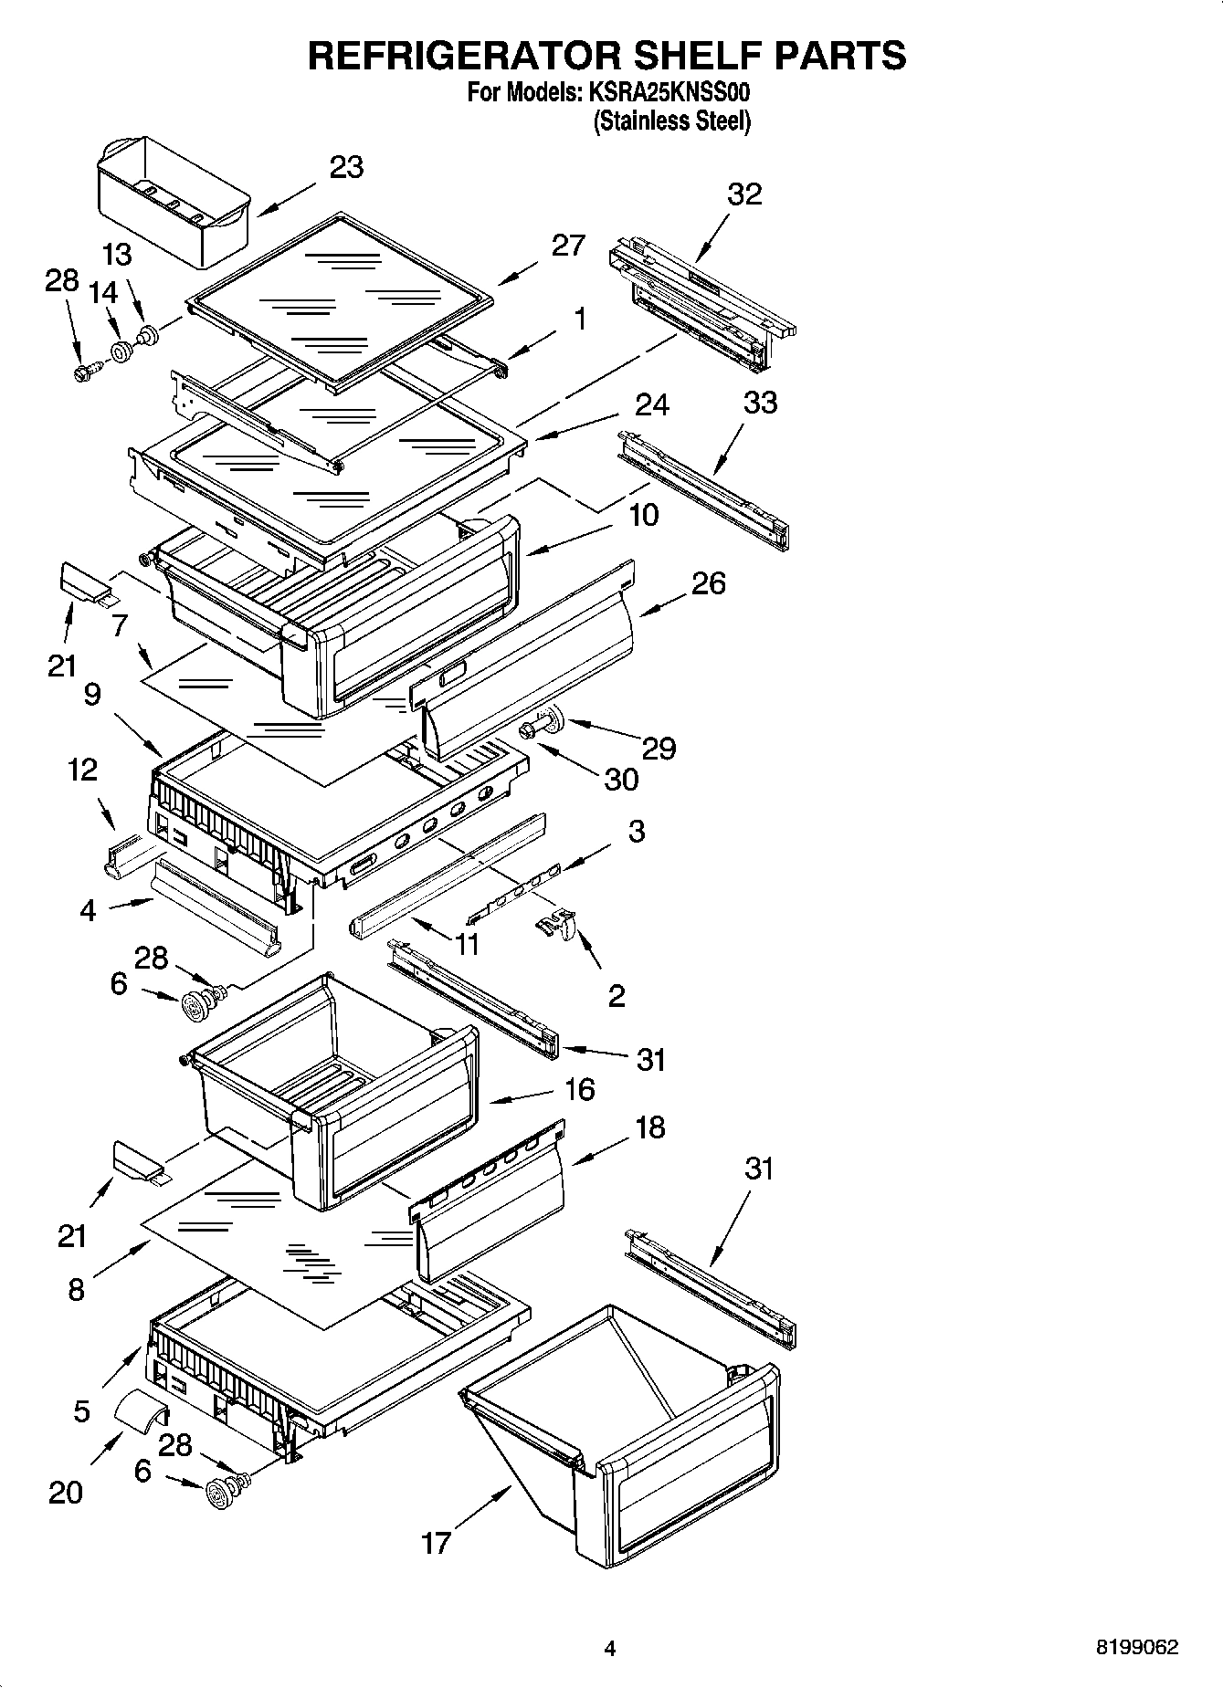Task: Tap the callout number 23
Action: pos(345,167)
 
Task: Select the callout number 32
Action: pos(744,194)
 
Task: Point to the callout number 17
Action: pos(436,1542)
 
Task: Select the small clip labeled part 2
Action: pos(556,924)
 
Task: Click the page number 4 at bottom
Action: pos(610,1649)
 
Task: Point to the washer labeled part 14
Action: pos(121,351)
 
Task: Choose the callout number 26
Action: pos(708,583)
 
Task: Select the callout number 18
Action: pos(649,1127)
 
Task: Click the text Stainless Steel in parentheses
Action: pos(671,121)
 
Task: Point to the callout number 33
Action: pos(760,403)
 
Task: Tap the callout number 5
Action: pos(81,1411)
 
